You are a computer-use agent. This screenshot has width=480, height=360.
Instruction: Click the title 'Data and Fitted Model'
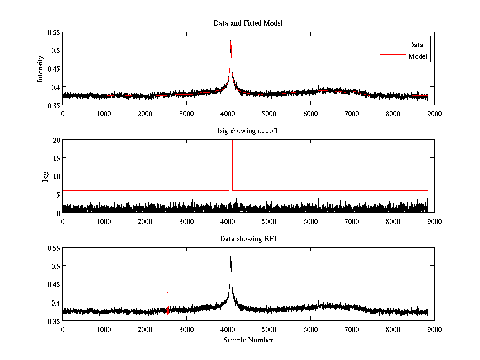coord(248,23)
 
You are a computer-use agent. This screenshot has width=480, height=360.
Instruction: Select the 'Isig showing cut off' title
coord(248,131)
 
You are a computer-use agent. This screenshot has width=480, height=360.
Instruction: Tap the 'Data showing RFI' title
coord(248,239)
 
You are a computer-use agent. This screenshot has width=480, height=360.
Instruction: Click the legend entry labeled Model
coord(418,56)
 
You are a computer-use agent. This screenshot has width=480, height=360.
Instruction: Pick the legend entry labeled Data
coord(416,44)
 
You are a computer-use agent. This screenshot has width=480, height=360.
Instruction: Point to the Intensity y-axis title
coord(40,69)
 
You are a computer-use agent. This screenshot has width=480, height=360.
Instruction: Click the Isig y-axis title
coord(45,176)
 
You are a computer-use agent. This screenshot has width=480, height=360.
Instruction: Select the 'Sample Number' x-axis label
coord(248,340)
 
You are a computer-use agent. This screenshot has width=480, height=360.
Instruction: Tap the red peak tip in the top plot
coord(231,40)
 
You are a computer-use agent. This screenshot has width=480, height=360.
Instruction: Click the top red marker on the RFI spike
coord(168,292)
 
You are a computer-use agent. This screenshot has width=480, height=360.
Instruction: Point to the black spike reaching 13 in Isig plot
coord(168,165)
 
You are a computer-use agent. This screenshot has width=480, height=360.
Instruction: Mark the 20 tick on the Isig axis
coord(55,140)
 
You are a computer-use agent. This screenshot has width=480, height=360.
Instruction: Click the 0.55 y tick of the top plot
coord(53,32)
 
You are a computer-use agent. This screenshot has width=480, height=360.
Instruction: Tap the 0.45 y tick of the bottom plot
coord(53,284)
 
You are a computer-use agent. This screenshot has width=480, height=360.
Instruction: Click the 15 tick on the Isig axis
coord(55,158)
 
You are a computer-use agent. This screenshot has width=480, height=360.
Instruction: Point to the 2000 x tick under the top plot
coord(145,114)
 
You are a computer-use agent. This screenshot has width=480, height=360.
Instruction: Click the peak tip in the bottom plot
coord(231,256)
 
